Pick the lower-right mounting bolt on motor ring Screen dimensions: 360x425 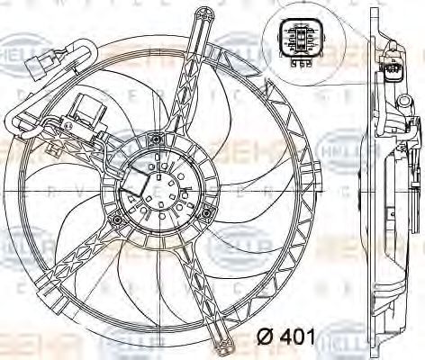click(208, 213)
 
